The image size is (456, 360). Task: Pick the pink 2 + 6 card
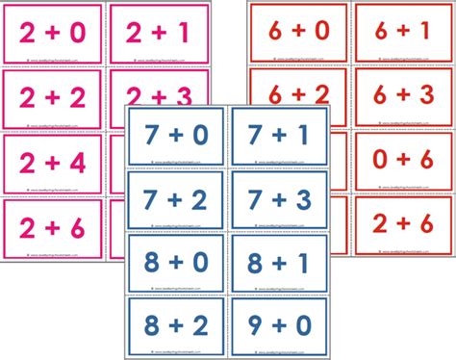(54, 226)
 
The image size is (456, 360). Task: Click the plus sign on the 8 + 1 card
(279, 264)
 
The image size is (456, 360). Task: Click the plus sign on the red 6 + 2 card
(300, 94)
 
